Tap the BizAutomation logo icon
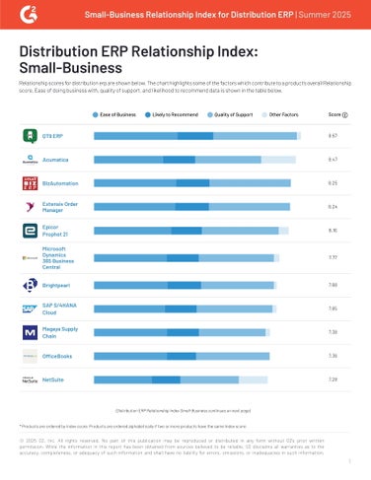tap(30, 183)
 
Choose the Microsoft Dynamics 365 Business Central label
tap(61, 258)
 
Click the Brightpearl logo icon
tap(30, 285)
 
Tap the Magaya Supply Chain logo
tap(30, 333)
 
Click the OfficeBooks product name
tap(58, 356)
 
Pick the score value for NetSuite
tap(333, 379)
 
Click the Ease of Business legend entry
tap(117, 115)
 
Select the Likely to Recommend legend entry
tap(173, 115)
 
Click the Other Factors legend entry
tap(284, 115)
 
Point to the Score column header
tap(335, 115)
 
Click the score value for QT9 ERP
tap(333, 135)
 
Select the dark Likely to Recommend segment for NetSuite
tap(165, 379)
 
